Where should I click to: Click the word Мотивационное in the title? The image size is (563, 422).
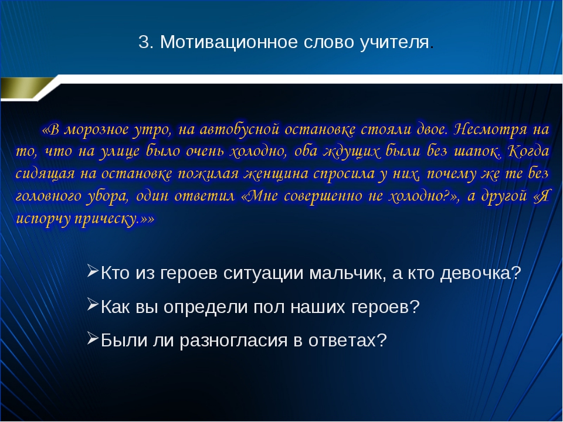click(x=229, y=42)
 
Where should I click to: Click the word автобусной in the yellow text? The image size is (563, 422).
click(x=239, y=129)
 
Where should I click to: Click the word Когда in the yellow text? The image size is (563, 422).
click(x=528, y=151)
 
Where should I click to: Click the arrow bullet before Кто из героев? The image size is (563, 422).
click(x=93, y=271)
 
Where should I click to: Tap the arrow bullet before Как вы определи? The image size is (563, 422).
click(x=93, y=305)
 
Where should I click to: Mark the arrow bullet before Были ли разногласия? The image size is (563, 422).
click(x=93, y=338)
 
